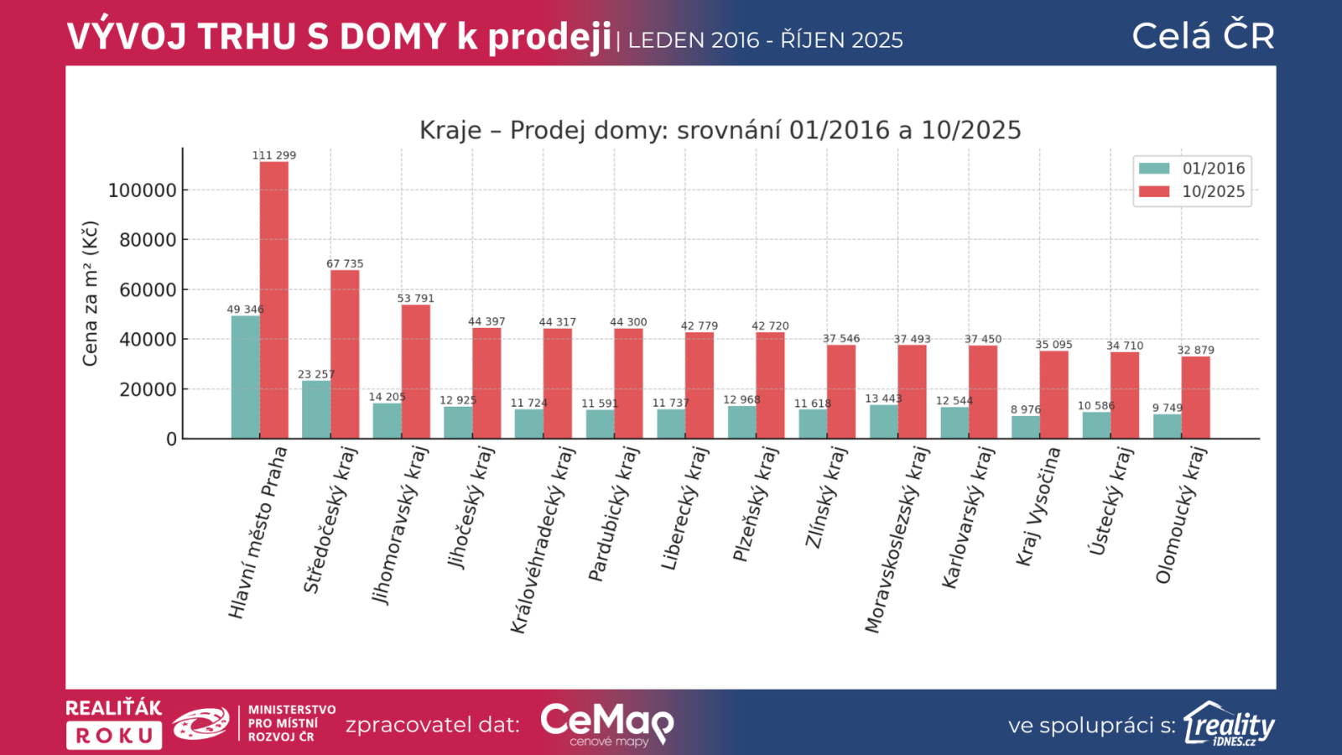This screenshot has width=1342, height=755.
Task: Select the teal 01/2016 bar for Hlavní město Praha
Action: click(x=245, y=377)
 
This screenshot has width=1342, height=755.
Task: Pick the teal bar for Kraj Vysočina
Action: click(x=1025, y=427)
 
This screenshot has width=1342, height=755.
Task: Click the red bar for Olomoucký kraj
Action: click(x=1195, y=398)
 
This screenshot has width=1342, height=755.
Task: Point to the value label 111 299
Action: click(x=274, y=155)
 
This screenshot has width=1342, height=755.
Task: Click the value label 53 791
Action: click(x=416, y=299)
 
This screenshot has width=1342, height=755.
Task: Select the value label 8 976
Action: click(x=1025, y=409)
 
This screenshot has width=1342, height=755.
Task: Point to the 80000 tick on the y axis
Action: click(x=148, y=240)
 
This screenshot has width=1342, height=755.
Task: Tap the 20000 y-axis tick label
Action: click(x=148, y=389)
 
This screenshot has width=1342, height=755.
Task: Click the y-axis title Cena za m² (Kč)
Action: click(x=90, y=294)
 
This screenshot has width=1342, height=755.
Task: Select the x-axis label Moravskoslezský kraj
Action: click(x=897, y=539)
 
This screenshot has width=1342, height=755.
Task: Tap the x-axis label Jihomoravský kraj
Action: click(x=400, y=525)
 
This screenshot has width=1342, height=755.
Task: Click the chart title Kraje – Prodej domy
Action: click(x=720, y=130)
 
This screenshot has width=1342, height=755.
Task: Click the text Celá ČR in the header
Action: click(x=1203, y=36)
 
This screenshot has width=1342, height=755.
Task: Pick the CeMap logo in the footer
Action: click(x=606, y=723)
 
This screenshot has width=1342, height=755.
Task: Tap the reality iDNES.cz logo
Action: click(x=1229, y=724)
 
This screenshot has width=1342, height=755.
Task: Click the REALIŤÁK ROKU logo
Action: click(x=114, y=723)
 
